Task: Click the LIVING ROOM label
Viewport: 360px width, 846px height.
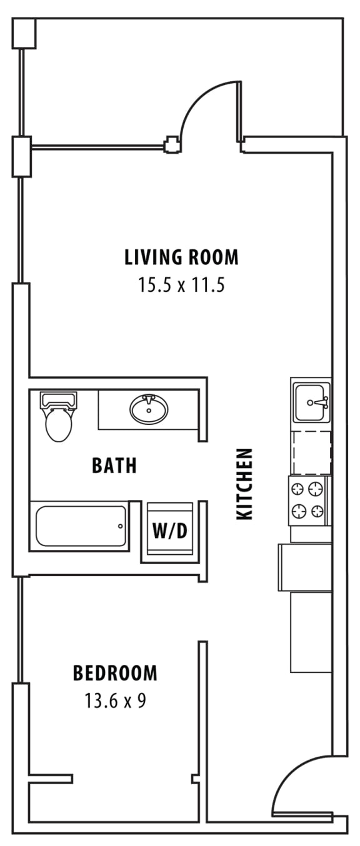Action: click(x=181, y=257)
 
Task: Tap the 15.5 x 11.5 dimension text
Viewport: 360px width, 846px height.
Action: click(x=181, y=286)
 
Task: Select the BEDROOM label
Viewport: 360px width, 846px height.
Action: click(x=115, y=673)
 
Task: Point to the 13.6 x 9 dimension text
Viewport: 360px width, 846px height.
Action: click(x=115, y=701)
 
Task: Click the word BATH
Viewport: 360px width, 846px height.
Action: click(x=114, y=465)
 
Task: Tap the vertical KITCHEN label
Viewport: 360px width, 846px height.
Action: click(x=244, y=484)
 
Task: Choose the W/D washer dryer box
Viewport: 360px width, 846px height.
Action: click(x=169, y=531)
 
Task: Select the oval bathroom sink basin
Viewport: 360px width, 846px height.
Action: click(x=149, y=410)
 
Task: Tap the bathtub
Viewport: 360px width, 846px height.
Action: click(x=81, y=525)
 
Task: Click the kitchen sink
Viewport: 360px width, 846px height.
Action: click(x=311, y=402)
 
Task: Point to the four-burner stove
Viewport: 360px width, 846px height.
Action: click(x=309, y=500)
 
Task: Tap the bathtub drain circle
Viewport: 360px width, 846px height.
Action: click(x=120, y=526)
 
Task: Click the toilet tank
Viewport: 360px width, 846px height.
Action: click(x=58, y=400)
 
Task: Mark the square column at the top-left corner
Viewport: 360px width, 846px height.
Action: click(x=24, y=32)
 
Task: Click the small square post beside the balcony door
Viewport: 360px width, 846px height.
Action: click(x=171, y=145)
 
